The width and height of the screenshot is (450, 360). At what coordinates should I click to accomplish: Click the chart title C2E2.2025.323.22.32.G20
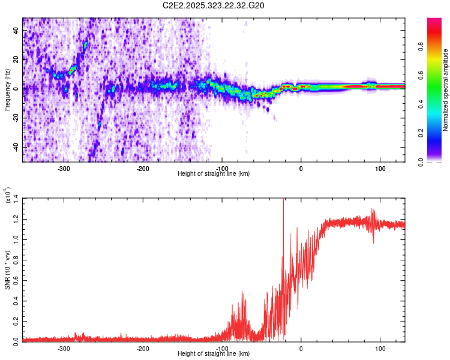[214, 5]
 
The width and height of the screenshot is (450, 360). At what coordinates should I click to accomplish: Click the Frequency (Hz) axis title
[7, 90]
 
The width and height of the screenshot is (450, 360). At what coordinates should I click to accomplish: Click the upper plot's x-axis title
[214, 173]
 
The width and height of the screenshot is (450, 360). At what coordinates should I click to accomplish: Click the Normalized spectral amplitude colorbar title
[445, 90]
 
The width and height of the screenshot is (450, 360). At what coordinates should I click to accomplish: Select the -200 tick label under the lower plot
[143, 347]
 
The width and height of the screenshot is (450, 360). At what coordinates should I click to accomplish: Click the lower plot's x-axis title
[214, 353]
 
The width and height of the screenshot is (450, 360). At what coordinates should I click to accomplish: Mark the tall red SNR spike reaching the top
[283, 204]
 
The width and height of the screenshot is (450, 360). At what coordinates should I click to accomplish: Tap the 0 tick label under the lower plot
[301, 347]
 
